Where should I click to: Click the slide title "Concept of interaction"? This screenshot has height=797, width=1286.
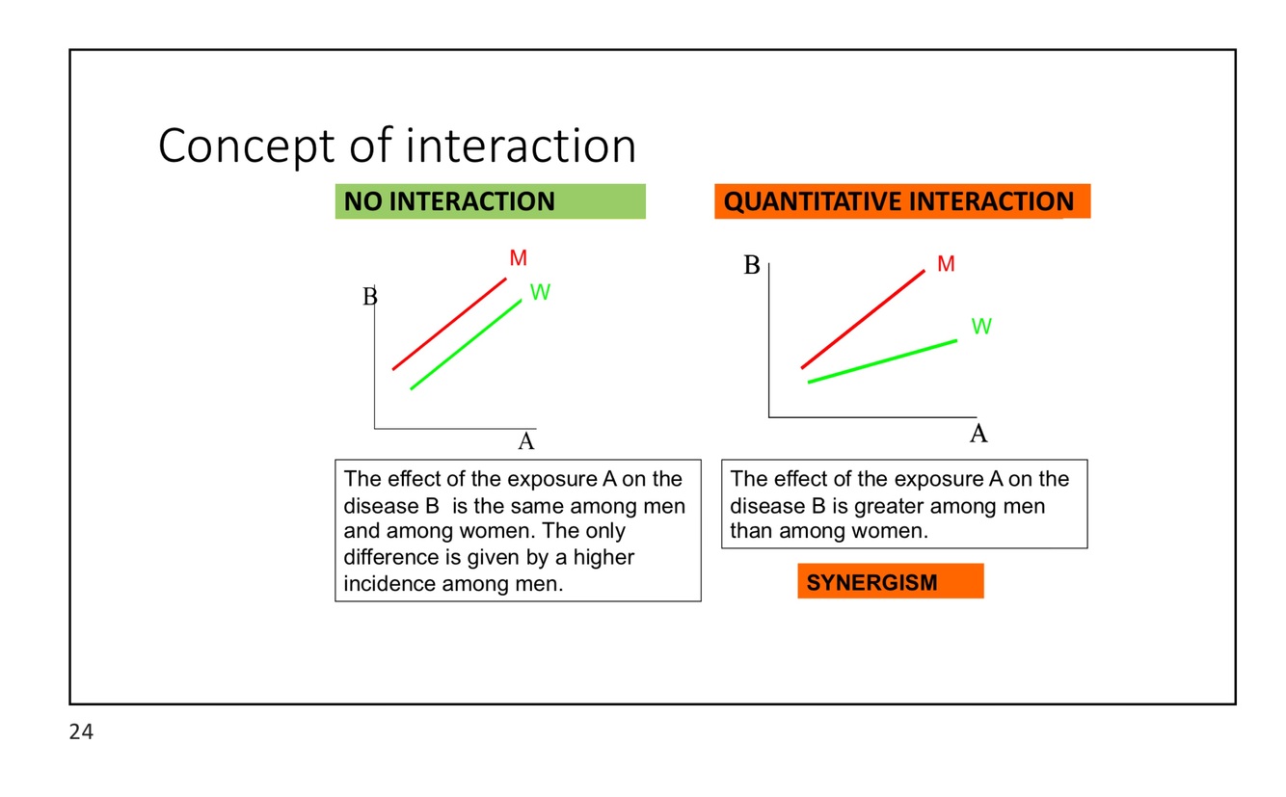396,146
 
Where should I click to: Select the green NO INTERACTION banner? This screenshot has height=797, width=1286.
490,201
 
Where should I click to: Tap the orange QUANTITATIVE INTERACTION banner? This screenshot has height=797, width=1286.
901,201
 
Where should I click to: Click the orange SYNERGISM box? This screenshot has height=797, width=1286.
890,582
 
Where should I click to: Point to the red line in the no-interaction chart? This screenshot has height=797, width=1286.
449,324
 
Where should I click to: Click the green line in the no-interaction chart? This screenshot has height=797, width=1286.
466,344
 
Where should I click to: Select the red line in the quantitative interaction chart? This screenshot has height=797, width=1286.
863,319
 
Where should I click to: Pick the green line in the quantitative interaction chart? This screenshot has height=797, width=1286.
882,361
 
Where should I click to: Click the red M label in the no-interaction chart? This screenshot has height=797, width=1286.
519,258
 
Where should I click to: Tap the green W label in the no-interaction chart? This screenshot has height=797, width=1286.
540,293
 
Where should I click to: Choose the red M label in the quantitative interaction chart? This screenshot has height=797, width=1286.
946,264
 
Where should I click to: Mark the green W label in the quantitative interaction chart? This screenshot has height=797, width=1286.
981,327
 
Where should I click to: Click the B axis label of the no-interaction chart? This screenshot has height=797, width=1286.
369,297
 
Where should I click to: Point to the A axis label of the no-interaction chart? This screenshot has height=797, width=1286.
526,442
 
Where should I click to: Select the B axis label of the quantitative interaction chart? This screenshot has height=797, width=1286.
752,266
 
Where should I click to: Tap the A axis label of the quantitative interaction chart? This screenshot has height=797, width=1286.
978,435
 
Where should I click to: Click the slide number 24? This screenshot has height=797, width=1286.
82,732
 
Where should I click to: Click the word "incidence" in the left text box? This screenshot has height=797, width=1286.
389,584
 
